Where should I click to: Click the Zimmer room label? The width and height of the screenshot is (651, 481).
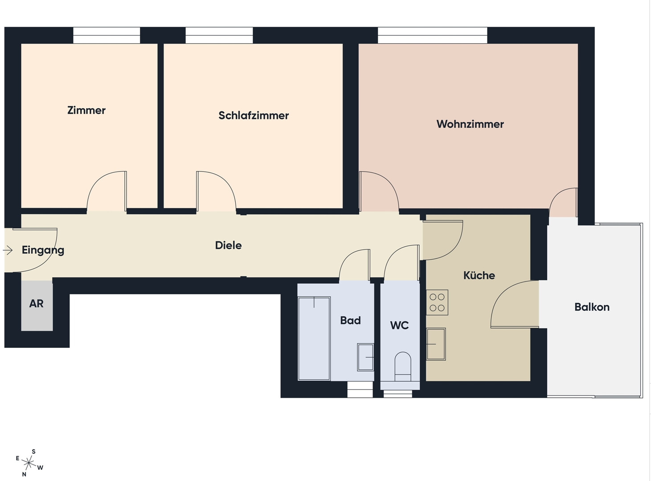(x=86, y=110)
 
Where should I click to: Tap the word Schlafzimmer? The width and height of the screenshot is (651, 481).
(x=254, y=115)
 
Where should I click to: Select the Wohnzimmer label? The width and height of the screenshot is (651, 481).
(x=470, y=124)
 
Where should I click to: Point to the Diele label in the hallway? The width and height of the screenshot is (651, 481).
(x=228, y=245)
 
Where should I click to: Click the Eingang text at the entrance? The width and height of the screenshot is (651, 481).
(x=43, y=250)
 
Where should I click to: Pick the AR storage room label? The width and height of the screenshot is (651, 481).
(x=37, y=303)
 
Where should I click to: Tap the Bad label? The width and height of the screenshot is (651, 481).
(x=350, y=320)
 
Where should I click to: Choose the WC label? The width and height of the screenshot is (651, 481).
(x=399, y=325)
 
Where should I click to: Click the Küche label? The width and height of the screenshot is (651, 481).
(x=479, y=275)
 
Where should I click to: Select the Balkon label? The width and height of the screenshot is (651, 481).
(x=592, y=307)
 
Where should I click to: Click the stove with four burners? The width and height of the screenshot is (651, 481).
(x=437, y=302)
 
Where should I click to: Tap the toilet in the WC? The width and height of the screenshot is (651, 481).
(x=403, y=367)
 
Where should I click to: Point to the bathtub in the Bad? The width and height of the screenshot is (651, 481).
(x=314, y=338)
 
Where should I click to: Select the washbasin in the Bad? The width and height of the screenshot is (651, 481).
(x=365, y=357)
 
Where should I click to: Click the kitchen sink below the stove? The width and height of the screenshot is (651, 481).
(x=436, y=344)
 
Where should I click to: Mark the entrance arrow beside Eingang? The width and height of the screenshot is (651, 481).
(x=8, y=250)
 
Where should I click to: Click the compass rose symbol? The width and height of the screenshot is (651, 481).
(x=29, y=463)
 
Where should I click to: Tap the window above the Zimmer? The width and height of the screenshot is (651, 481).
(x=106, y=35)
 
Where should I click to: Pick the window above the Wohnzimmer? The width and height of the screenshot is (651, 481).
(x=432, y=35)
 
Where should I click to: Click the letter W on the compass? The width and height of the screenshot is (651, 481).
(x=40, y=468)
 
